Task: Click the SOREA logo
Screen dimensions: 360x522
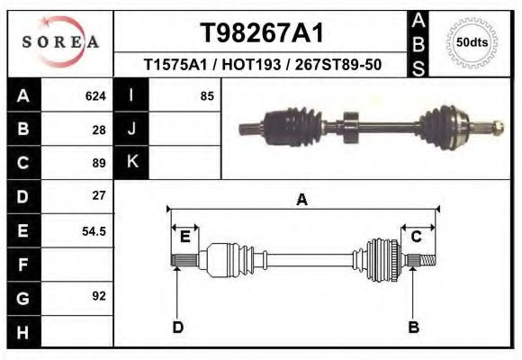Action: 59,41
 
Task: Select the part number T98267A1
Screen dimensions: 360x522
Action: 261,34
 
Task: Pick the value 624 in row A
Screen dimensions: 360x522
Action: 95,95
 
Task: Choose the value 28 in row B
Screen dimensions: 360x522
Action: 99,129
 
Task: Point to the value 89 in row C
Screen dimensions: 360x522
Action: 99,163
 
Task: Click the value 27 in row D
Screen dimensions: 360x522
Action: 99,195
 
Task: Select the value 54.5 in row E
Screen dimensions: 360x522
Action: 94,230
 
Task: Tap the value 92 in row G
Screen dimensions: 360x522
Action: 99,295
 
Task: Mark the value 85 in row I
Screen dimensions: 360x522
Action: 207,95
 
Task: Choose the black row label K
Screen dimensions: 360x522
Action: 132,163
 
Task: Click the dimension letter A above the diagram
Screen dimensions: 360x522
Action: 302,200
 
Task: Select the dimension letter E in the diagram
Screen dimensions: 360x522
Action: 184,237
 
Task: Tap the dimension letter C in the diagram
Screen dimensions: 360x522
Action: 417,237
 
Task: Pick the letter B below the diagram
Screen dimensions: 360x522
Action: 413,326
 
